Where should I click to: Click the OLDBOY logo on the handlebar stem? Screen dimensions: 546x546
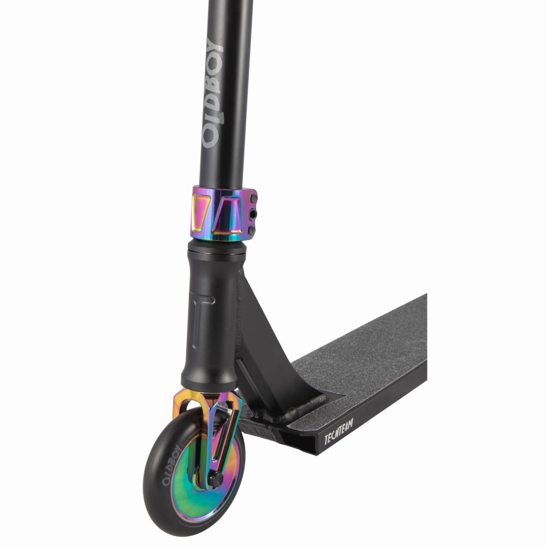point(212,91)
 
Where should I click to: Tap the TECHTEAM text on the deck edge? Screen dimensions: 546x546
point(339,432)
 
